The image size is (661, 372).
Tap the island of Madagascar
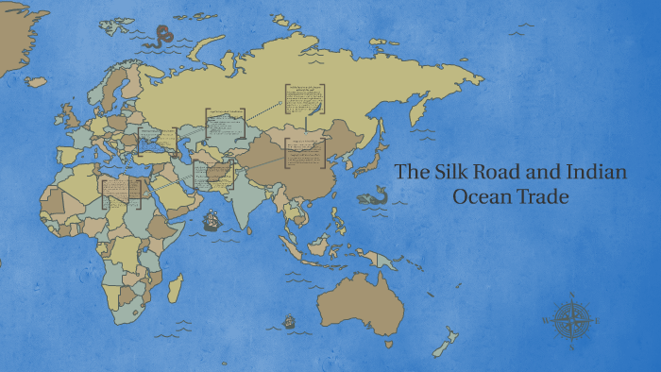click(x=175, y=289)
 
